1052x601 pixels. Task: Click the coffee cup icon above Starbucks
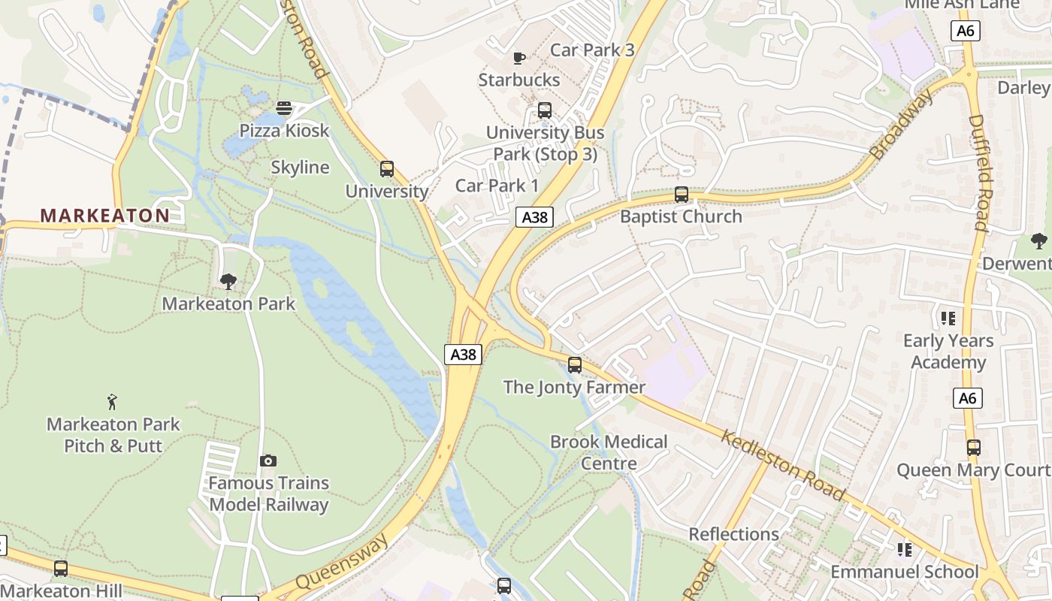(518, 58)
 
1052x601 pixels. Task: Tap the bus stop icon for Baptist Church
(682, 195)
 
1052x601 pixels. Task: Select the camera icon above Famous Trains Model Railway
(268, 461)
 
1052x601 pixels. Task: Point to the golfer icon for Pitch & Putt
(113, 402)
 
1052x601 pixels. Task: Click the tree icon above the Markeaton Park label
(228, 282)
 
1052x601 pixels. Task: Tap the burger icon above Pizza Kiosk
(283, 108)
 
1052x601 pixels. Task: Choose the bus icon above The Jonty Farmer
(575, 365)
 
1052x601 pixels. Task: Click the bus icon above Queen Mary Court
(974, 448)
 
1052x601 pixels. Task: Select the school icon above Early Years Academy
(948, 319)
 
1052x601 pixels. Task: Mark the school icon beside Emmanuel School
(905, 550)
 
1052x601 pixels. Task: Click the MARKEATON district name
(105, 216)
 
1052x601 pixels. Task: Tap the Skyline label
(300, 168)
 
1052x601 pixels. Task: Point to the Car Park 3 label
(592, 50)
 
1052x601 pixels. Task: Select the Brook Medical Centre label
(609, 452)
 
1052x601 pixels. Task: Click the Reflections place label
(734, 534)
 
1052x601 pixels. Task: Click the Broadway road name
(902, 124)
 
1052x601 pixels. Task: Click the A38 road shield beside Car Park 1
(535, 218)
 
